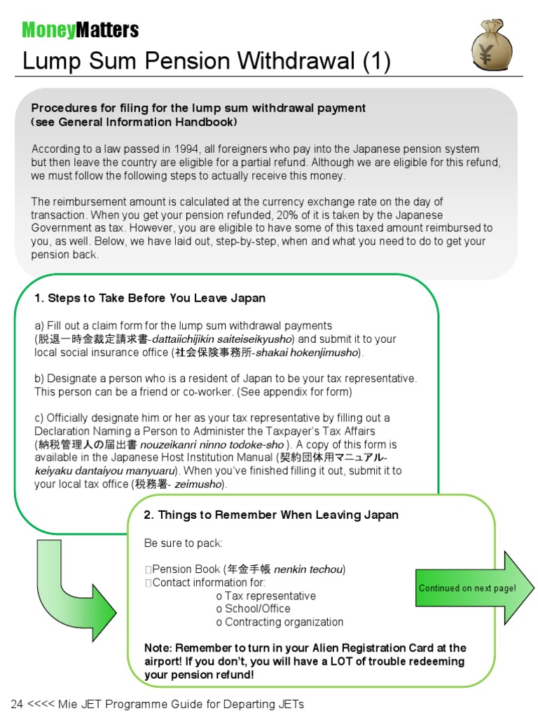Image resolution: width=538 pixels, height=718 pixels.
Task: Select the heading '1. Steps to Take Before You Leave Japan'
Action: pos(150,298)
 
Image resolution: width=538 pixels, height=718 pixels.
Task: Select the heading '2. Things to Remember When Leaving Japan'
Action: pos(271,515)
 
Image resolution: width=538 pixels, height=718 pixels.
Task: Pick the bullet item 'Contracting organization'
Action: pos(284,622)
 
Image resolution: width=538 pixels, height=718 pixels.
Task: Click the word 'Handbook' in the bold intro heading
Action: pos(211,122)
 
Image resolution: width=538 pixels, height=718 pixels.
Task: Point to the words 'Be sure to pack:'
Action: pos(183,543)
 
